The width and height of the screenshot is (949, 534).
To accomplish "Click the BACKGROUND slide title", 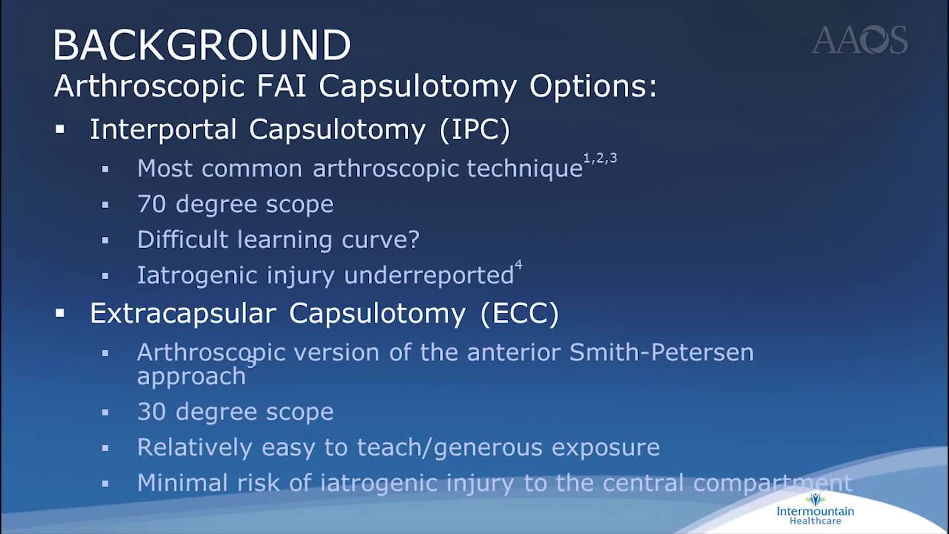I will click(x=202, y=45).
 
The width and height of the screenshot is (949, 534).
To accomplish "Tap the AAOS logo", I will click(x=859, y=40).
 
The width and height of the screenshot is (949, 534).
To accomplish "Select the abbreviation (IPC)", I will click(x=474, y=130).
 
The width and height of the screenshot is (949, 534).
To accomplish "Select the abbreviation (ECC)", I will click(x=519, y=313).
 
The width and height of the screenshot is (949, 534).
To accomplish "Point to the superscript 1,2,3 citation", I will click(x=600, y=158).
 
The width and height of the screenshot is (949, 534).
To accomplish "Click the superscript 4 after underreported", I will click(x=518, y=265).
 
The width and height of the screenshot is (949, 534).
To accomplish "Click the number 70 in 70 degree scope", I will click(x=151, y=204).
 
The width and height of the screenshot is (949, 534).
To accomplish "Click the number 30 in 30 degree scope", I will click(x=151, y=412).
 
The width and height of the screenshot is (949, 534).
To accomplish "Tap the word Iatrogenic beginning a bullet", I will click(x=197, y=275).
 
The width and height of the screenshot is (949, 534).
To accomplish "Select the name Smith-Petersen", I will click(x=661, y=353).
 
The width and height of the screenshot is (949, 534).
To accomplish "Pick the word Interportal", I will click(x=163, y=130).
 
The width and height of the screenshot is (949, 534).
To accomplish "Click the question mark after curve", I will click(x=414, y=240).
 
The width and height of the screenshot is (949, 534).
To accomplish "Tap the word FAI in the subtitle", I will click(x=281, y=86).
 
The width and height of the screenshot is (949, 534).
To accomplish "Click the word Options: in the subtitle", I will click(x=593, y=86).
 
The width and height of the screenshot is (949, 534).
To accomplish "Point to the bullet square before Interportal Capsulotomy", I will click(x=60, y=130).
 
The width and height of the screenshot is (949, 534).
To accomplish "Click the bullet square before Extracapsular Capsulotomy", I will click(x=60, y=313).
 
